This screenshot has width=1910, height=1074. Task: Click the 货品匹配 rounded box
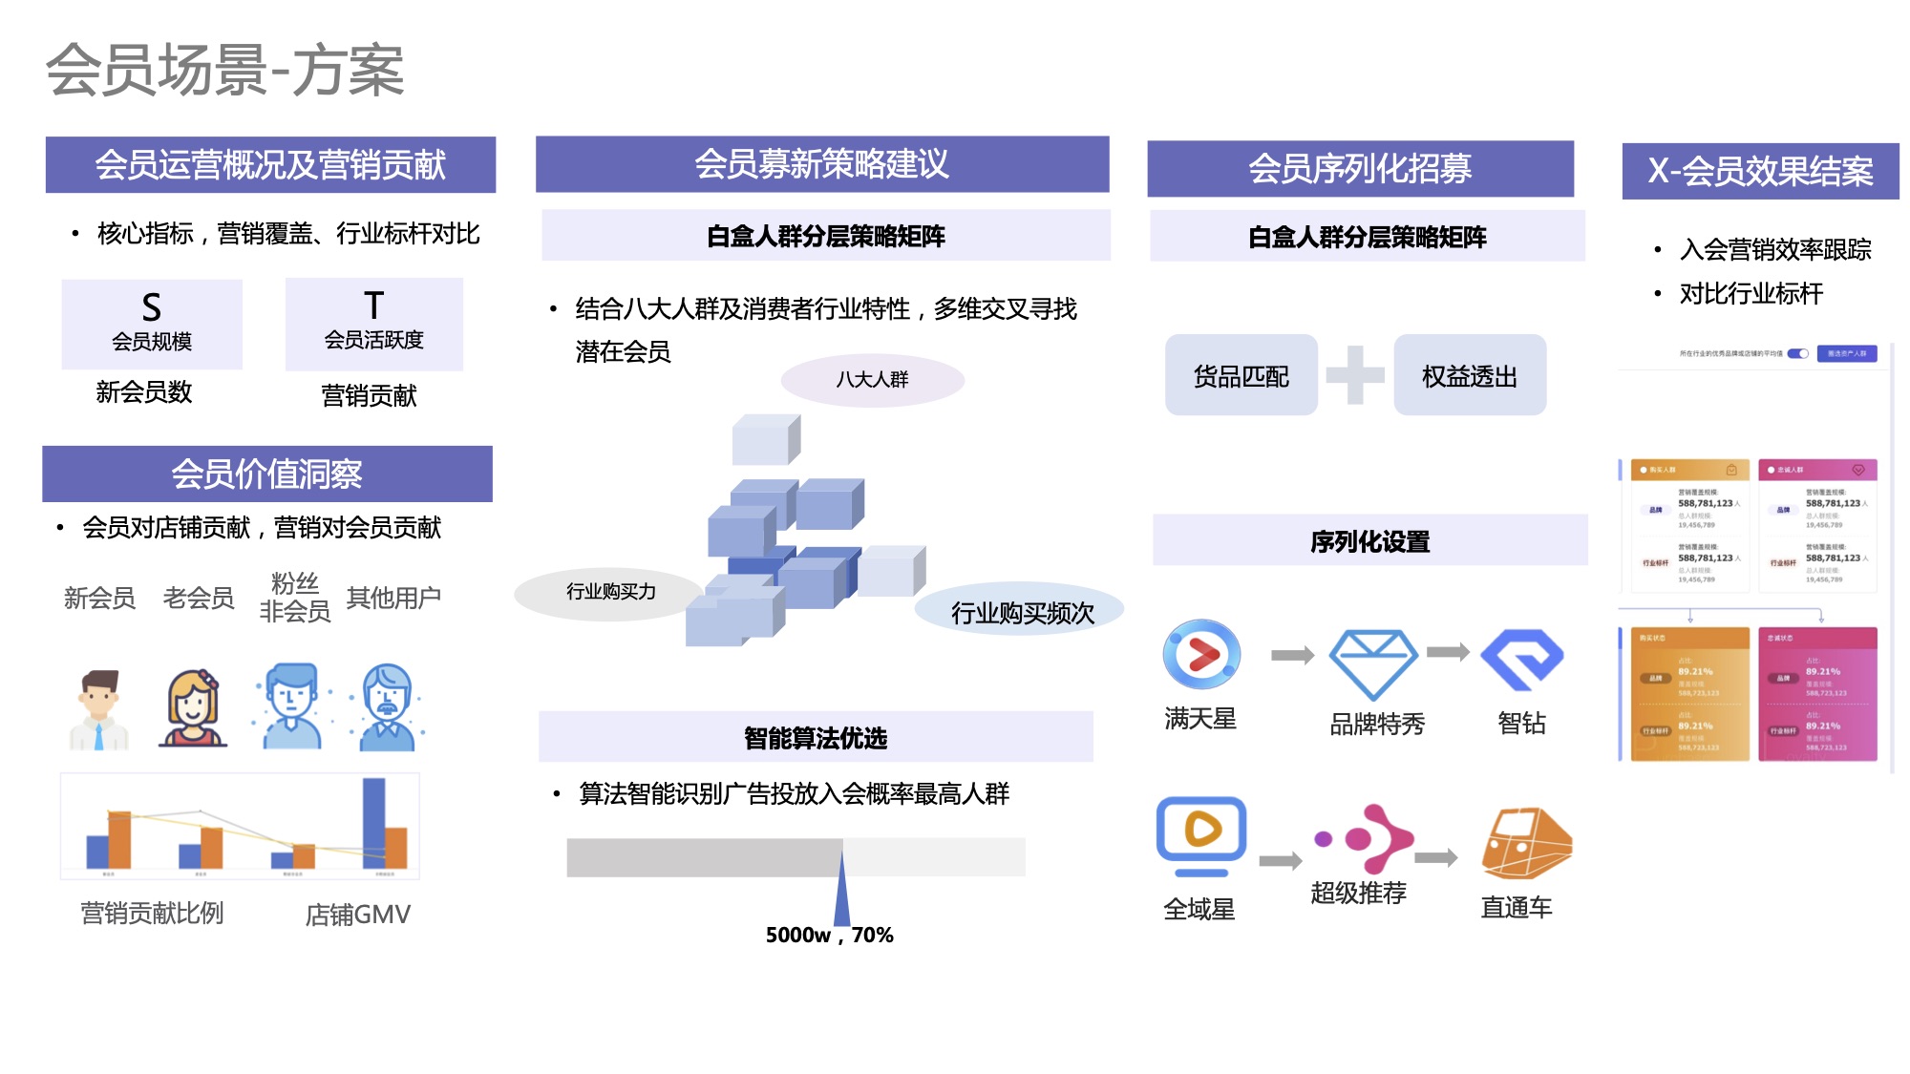1241,375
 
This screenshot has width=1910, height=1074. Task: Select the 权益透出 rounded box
1469,375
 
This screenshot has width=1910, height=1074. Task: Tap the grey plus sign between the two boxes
1355,375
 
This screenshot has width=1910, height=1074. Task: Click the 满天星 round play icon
1201,655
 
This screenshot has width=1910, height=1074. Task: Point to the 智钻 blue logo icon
1521,659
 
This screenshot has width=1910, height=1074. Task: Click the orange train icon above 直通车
1525,843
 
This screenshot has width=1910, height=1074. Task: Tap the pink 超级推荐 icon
1366,838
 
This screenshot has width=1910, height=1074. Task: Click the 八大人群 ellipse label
872,380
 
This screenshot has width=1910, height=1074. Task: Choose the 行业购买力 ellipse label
610,593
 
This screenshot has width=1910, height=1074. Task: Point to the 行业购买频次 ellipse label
1021,612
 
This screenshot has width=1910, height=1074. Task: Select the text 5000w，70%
829,935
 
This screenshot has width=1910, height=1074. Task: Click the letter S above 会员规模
151,307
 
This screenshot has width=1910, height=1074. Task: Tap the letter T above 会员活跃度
373,305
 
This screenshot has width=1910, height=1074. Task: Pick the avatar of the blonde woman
194,707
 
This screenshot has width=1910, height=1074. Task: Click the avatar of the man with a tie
98,709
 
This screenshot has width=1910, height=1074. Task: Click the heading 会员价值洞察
266,474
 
